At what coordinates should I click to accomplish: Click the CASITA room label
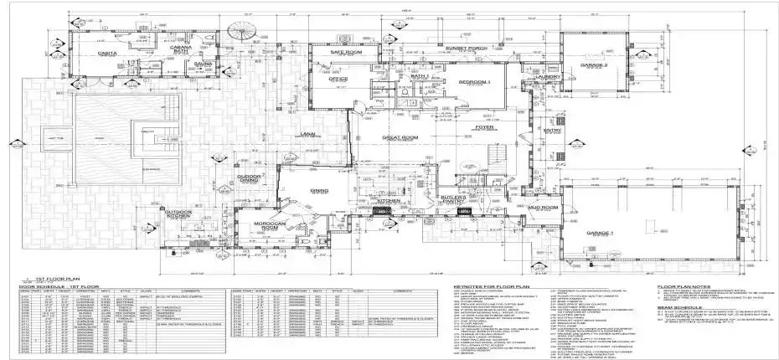pyautogui.click(x=106, y=53)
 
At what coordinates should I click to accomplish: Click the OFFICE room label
pyautogui.click(x=337, y=80)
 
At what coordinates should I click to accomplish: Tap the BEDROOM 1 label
pyautogui.click(x=474, y=81)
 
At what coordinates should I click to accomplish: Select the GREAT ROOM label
pyautogui.click(x=400, y=138)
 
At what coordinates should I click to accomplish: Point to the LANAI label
pyautogui.click(x=307, y=134)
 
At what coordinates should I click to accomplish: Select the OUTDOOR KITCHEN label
pyautogui.click(x=178, y=214)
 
